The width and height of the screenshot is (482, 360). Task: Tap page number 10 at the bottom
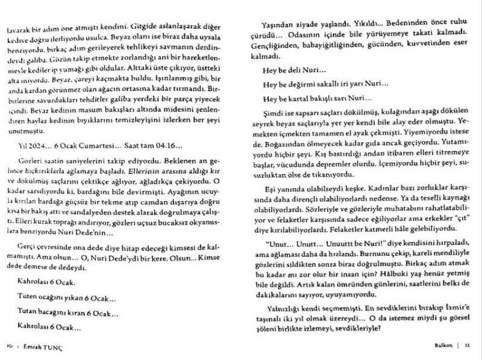pos(10,345)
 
